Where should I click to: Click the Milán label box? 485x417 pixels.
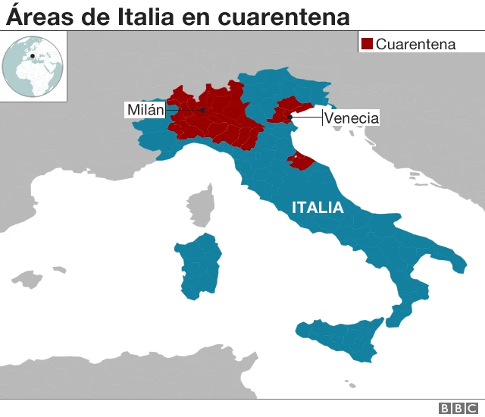coord(145,111)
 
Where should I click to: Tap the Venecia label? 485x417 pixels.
coord(351,118)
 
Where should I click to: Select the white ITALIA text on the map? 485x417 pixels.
coord(318,208)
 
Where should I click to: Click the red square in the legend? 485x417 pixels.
coord(368,44)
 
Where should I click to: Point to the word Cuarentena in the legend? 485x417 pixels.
coord(416,44)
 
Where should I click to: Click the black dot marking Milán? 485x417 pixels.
coord(203,111)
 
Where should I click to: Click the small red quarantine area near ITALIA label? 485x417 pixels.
coord(299,160)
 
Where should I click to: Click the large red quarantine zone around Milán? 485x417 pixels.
coord(220,121)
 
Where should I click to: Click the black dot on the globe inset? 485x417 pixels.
coord(32,55)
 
